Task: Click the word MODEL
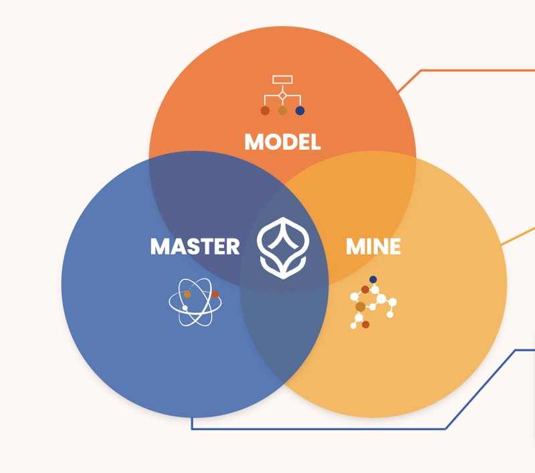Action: click(x=282, y=142)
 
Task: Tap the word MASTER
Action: click(x=195, y=247)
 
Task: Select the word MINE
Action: click(x=373, y=247)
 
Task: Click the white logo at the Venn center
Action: click(x=282, y=247)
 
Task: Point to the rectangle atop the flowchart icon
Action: click(x=282, y=79)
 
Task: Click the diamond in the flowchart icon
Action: click(x=282, y=98)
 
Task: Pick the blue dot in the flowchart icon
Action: click(x=300, y=111)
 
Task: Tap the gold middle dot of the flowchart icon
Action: click(x=282, y=111)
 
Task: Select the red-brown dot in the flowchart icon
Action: click(x=265, y=111)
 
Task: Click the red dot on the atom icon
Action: click(x=215, y=294)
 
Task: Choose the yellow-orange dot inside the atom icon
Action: click(x=187, y=294)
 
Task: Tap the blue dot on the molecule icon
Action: click(x=373, y=279)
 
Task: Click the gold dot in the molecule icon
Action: click(x=360, y=307)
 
